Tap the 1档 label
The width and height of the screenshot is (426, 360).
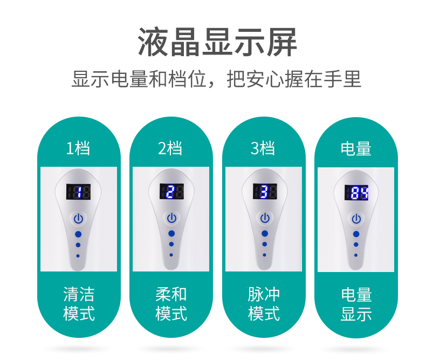tap(78, 148)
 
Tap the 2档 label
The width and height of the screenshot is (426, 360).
tap(170, 148)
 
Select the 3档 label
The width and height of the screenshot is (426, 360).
tap(263, 148)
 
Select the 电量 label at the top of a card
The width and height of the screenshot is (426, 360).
tap(356, 148)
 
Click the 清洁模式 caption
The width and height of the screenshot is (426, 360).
tap(79, 303)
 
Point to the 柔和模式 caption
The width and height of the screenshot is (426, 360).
tap(171, 303)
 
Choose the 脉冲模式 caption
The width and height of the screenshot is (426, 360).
tap(264, 303)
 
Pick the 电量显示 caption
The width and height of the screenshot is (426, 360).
tap(356, 304)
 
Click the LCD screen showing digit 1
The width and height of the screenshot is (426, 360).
tap(79, 192)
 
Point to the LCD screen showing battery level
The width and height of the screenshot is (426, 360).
tap(356, 192)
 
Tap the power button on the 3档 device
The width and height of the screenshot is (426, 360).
tap(264, 218)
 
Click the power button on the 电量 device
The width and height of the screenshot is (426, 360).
tap(356, 219)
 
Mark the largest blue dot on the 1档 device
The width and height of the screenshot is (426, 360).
tap(78, 235)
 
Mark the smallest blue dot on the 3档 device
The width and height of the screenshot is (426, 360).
tap(264, 255)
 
